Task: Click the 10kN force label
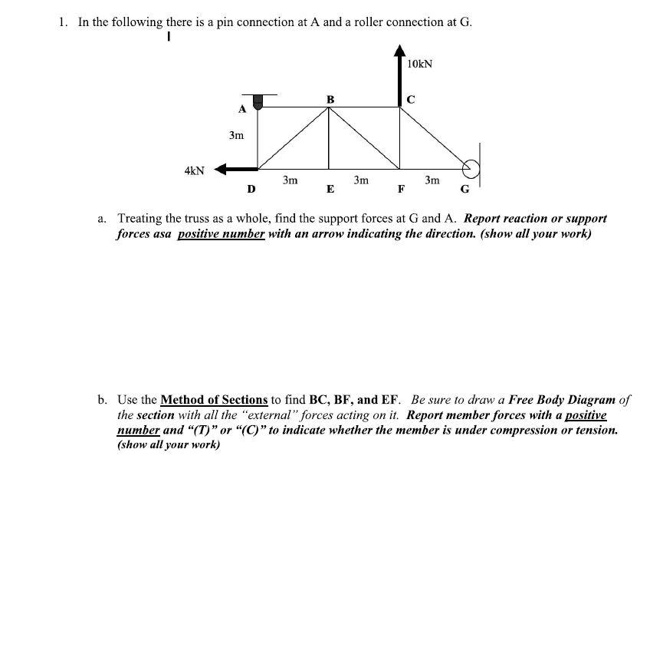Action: tap(419, 64)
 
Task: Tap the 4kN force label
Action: tap(195, 170)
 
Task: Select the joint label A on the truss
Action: tap(241, 109)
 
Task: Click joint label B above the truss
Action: tap(330, 98)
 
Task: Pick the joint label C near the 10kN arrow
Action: tap(411, 99)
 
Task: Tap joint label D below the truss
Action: tap(251, 189)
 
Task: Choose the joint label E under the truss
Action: tap(330, 190)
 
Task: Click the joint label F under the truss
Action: tap(400, 190)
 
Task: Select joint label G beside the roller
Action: tap(464, 190)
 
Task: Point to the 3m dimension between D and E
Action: tap(290, 180)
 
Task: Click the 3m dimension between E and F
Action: tap(361, 180)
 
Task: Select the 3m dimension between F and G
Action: tap(432, 180)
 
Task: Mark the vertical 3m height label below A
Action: tap(236, 136)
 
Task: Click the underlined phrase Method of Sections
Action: tap(214, 400)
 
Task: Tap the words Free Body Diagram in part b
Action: tap(568, 400)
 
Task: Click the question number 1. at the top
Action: tap(64, 21)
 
